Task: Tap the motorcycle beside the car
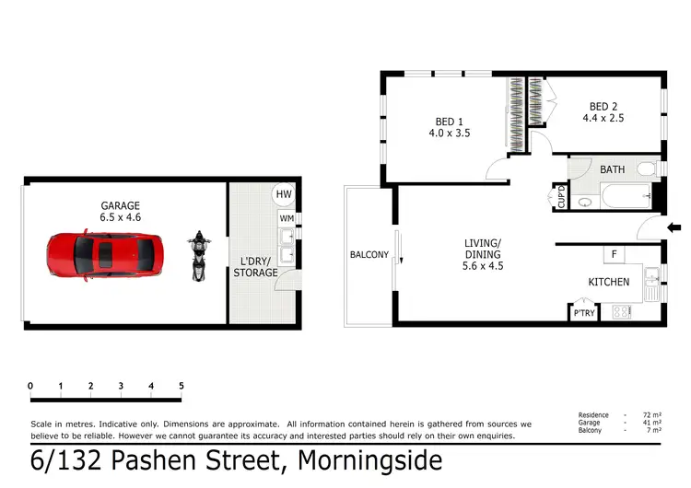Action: (x=196, y=256)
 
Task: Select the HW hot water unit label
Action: (x=284, y=194)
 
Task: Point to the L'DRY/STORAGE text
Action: (x=255, y=267)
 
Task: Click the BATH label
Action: (x=613, y=170)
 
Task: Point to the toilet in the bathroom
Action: (x=645, y=169)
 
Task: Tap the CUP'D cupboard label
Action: (x=561, y=198)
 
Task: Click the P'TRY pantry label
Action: (x=584, y=312)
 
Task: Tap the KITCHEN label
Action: (x=609, y=282)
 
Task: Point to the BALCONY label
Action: (x=369, y=255)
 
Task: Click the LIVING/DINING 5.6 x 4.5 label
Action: (x=483, y=254)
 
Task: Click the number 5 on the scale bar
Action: (x=182, y=386)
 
